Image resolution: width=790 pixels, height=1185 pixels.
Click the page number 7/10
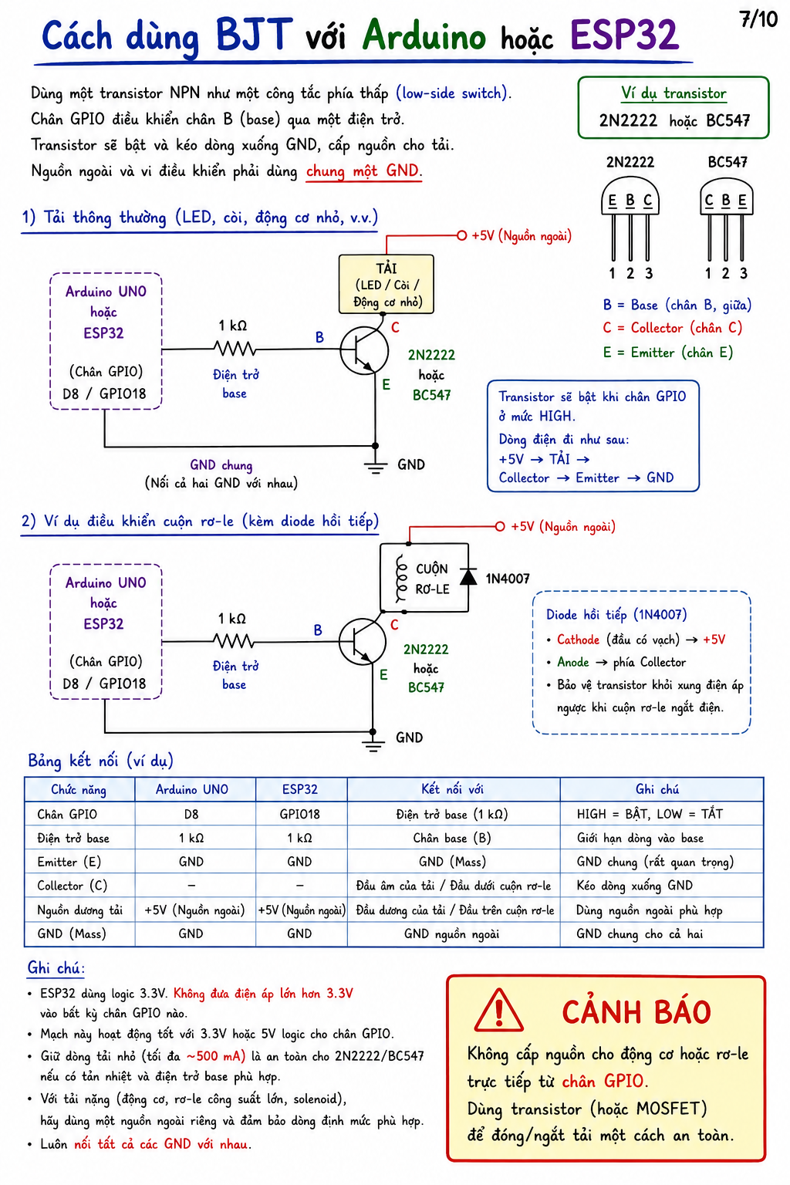click(x=758, y=19)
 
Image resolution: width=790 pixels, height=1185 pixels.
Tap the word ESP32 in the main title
click(x=624, y=35)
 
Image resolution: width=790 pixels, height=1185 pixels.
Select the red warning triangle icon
click(x=498, y=1011)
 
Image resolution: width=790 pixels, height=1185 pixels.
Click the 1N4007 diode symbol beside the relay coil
click(x=468, y=576)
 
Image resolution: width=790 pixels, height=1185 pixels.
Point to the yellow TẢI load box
click(x=387, y=284)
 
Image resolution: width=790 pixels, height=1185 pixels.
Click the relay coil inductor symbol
click(x=402, y=579)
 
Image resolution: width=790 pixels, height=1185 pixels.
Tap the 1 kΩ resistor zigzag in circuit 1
click(x=235, y=349)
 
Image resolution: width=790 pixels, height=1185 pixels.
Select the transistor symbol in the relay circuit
click(x=363, y=641)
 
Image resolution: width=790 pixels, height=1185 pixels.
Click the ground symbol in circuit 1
click(x=375, y=467)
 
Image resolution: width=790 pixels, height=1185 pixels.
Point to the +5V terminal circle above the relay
click(x=500, y=526)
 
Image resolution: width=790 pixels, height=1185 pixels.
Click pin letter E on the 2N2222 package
click(x=613, y=201)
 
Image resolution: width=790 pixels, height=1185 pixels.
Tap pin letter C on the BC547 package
click(x=709, y=200)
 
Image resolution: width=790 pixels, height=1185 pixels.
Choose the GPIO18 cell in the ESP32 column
click(x=299, y=814)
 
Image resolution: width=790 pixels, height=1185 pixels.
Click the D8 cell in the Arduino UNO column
click(x=191, y=814)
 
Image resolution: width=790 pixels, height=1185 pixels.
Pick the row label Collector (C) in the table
click(x=72, y=886)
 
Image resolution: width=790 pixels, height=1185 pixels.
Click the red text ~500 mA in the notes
click(x=215, y=1056)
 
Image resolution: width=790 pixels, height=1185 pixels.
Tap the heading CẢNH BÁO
click(x=636, y=1012)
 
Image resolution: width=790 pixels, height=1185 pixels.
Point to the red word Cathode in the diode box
click(x=578, y=640)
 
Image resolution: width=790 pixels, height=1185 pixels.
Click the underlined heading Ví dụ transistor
click(x=674, y=93)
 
